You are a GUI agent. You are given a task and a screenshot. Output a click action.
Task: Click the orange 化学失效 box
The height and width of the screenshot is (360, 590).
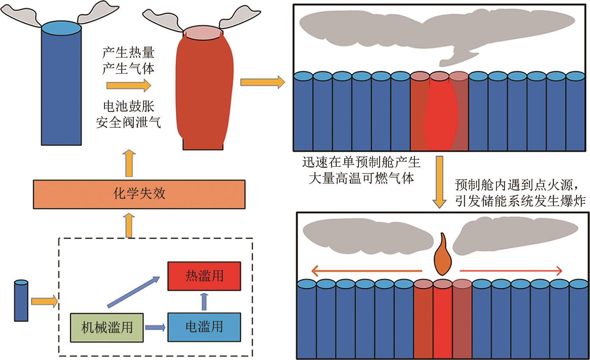[139, 194]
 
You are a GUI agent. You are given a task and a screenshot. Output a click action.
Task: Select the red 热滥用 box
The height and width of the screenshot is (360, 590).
[204, 276]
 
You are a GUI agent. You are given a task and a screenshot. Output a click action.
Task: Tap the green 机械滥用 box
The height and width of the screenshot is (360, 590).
[107, 327]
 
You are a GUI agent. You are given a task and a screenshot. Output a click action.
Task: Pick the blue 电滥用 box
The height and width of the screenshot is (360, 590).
[204, 327]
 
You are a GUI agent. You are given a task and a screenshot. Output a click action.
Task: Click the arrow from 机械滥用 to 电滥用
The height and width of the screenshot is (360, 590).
[155, 327]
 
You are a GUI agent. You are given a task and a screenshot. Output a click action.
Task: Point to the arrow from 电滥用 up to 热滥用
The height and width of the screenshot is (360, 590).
[204, 301]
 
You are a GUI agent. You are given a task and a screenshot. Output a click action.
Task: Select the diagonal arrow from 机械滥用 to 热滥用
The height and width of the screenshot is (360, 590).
[133, 291]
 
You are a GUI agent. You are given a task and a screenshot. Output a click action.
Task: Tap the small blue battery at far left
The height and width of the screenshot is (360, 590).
[21, 301]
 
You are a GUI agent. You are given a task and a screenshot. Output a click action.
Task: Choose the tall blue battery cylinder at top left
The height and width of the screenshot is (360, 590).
[61, 85]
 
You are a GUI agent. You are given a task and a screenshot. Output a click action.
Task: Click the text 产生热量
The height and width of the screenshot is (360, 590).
[128, 53]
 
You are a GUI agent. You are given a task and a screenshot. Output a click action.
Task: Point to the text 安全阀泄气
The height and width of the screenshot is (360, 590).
[128, 123]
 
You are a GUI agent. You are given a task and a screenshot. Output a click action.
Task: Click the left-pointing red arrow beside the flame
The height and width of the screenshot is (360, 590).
[367, 270]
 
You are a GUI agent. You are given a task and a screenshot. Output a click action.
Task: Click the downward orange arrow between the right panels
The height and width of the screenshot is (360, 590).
[440, 182]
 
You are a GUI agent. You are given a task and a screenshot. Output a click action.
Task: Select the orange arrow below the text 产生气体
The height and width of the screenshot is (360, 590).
[129, 85]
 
